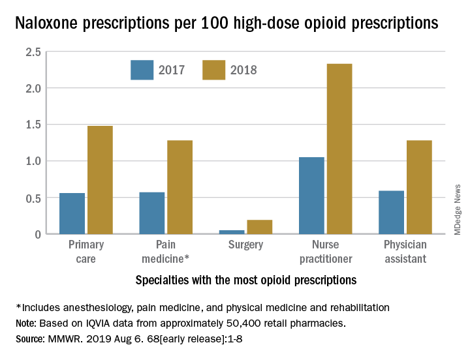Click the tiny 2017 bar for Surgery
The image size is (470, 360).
[232, 232]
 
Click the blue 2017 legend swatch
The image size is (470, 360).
[142, 70]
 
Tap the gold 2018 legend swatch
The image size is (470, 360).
[213, 70]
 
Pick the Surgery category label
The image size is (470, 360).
[245, 245]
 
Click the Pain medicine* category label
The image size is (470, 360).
[166, 252]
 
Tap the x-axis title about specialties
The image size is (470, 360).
[245, 280]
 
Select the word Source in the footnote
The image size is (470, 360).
[31, 338]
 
